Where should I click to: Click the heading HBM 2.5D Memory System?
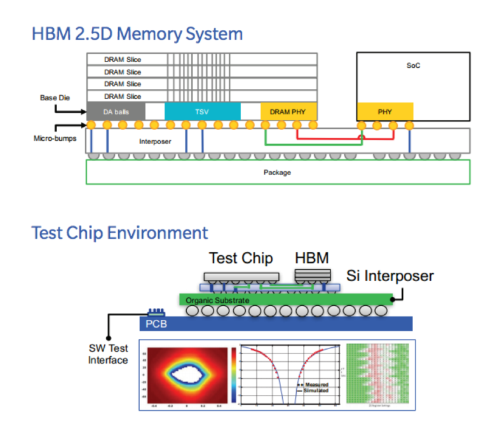point(137,33)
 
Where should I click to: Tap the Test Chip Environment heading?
point(119,232)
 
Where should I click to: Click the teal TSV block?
point(201,112)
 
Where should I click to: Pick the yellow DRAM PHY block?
point(288,112)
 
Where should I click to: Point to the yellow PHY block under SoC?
point(384,112)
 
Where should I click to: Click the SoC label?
point(413,65)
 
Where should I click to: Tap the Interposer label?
point(155,142)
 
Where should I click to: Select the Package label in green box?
point(277,172)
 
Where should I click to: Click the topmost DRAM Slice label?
point(123,60)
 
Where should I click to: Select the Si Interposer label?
point(390,275)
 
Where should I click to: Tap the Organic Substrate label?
point(216,300)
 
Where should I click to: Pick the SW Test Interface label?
point(107,354)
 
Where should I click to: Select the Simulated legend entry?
point(316,390)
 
